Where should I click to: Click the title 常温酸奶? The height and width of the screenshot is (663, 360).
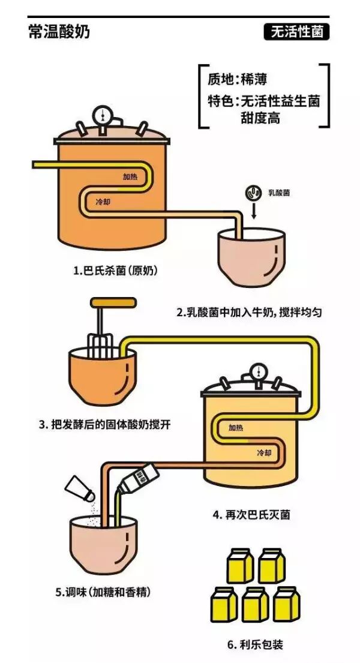(x=59, y=32)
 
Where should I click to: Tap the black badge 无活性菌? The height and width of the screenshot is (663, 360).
(x=296, y=32)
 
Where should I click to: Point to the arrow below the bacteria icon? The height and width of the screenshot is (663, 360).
(x=253, y=211)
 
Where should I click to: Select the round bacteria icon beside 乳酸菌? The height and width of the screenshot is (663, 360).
(x=253, y=193)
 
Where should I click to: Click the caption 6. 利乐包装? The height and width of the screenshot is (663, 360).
(x=255, y=645)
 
